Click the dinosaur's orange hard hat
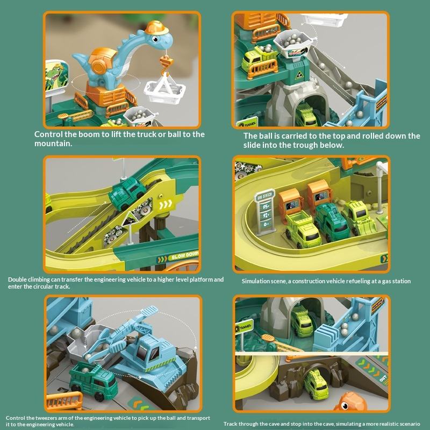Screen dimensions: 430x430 click(156, 28)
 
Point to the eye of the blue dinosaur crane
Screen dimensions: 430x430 click(155, 39)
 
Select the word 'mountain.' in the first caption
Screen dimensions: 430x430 click(53, 144)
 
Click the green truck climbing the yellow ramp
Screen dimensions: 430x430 click(127, 193)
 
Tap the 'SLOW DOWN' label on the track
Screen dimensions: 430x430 click(183, 256)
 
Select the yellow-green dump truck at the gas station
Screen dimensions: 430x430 click(302, 228)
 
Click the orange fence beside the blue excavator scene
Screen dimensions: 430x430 click(64, 400)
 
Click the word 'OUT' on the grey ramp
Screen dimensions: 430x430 click(383, 379)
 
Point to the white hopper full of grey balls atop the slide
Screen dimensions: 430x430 click(293, 44)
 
